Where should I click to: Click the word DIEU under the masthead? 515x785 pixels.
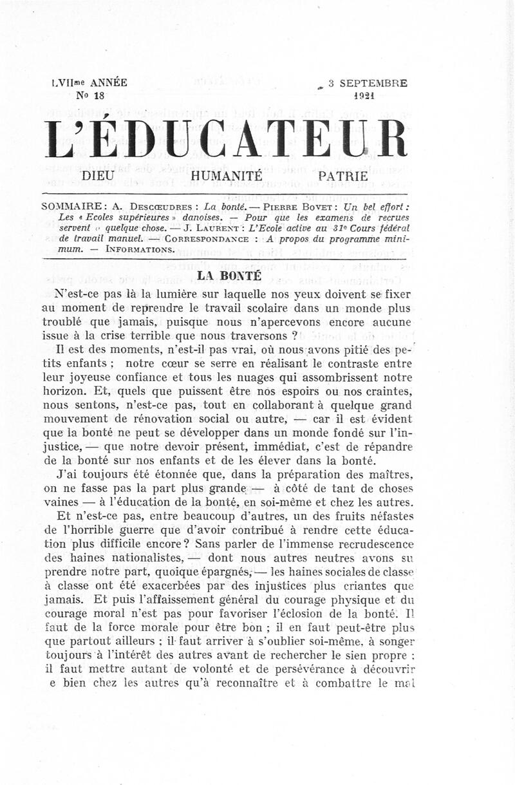(x=98, y=175)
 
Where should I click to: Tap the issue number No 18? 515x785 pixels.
(x=89, y=95)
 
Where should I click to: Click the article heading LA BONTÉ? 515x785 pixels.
(x=229, y=275)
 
